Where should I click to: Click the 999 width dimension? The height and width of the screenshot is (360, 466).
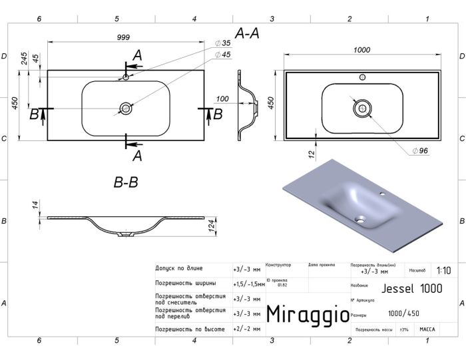point(123,37)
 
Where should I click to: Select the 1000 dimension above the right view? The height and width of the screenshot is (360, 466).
point(361,50)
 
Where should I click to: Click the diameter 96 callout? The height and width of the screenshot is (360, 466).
point(419,151)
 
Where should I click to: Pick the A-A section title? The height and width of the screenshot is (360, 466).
point(248,33)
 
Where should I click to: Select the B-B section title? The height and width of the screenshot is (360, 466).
point(125,181)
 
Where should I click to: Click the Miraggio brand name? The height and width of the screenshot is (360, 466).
point(306,314)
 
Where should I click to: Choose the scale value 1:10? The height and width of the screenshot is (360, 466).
point(444,271)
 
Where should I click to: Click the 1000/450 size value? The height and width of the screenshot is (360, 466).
point(403,314)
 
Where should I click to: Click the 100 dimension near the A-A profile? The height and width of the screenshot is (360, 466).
point(223,99)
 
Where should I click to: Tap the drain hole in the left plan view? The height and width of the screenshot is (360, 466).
point(125,108)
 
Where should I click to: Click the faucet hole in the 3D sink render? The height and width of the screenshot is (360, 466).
point(384,195)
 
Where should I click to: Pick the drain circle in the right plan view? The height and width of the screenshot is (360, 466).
point(361,108)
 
